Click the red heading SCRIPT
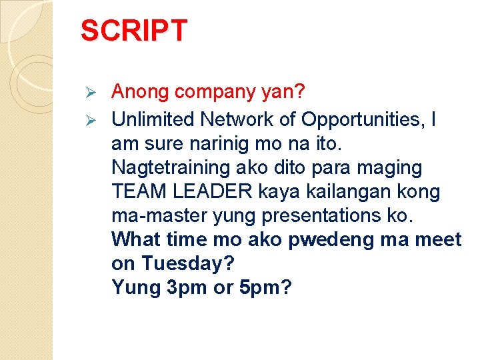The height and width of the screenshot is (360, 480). pos(134,31)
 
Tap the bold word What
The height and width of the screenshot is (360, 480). pos(136,239)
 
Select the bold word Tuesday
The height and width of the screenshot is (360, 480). pos(187,264)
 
